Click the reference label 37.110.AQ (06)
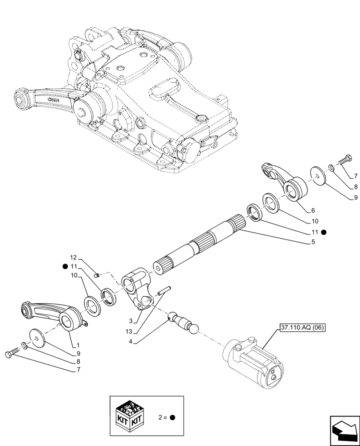[303, 328]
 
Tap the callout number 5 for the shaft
[313, 242]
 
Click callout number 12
[74, 257]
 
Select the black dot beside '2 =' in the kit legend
[172, 418]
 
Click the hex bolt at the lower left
[12, 354]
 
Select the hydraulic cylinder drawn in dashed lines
[252, 360]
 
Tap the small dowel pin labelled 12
[99, 275]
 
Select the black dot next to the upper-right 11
[324, 231]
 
